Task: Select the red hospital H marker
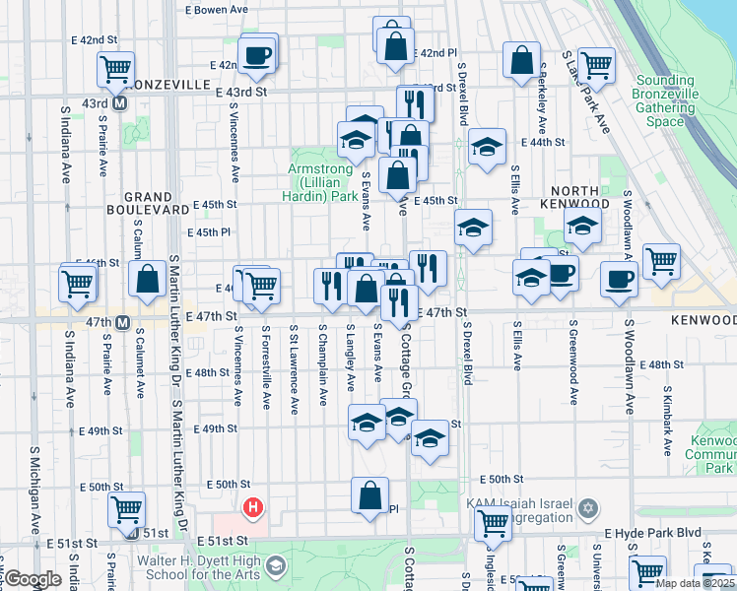click(x=253, y=508)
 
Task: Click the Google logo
click(x=33, y=579)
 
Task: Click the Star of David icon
click(x=588, y=508)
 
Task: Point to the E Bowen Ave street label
click(x=216, y=10)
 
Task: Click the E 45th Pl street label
click(x=212, y=232)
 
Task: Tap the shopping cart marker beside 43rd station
click(x=115, y=69)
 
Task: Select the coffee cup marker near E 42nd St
click(x=257, y=55)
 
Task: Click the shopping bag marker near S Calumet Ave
click(x=148, y=279)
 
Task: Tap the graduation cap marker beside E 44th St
click(x=486, y=148)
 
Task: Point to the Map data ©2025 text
click(x=695, y=583)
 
